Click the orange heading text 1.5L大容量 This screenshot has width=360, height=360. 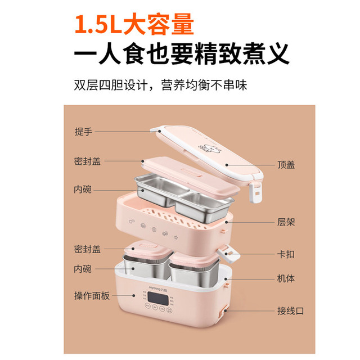click(134, 24)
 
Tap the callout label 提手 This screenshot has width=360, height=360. click(83, 132)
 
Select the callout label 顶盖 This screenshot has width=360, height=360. click(286, 165)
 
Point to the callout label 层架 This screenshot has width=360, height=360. click(286, 222)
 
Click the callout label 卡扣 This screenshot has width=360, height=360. click(286, 254)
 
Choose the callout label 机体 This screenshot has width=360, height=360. click(286, 278)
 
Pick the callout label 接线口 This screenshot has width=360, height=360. click(290, 311)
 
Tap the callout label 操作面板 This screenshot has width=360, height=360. click(92, 295)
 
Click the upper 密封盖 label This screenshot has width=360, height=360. click(87, 161)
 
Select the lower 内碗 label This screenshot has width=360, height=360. click(83, 269)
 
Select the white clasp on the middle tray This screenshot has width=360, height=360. click(228, 254)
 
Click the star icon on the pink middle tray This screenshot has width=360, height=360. click(176, 237)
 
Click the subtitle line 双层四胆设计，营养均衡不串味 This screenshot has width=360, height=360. click(160, 85)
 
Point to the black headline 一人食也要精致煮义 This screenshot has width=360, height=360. click(181, 54)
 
